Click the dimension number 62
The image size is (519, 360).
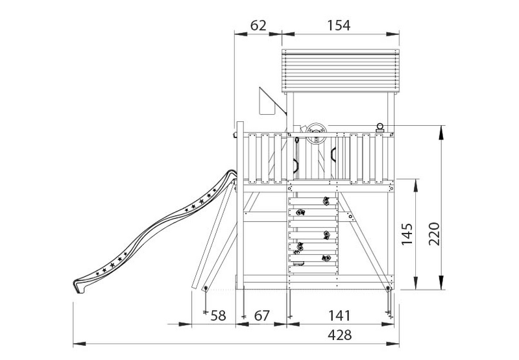(x=258, y=25)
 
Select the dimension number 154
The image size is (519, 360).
(x=338, y=25)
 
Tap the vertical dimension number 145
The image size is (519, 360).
(x=406, y=234)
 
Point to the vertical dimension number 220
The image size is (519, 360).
(x=434, y=233)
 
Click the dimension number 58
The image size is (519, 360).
(x=218, y=316)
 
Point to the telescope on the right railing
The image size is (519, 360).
(x=381, y=128)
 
